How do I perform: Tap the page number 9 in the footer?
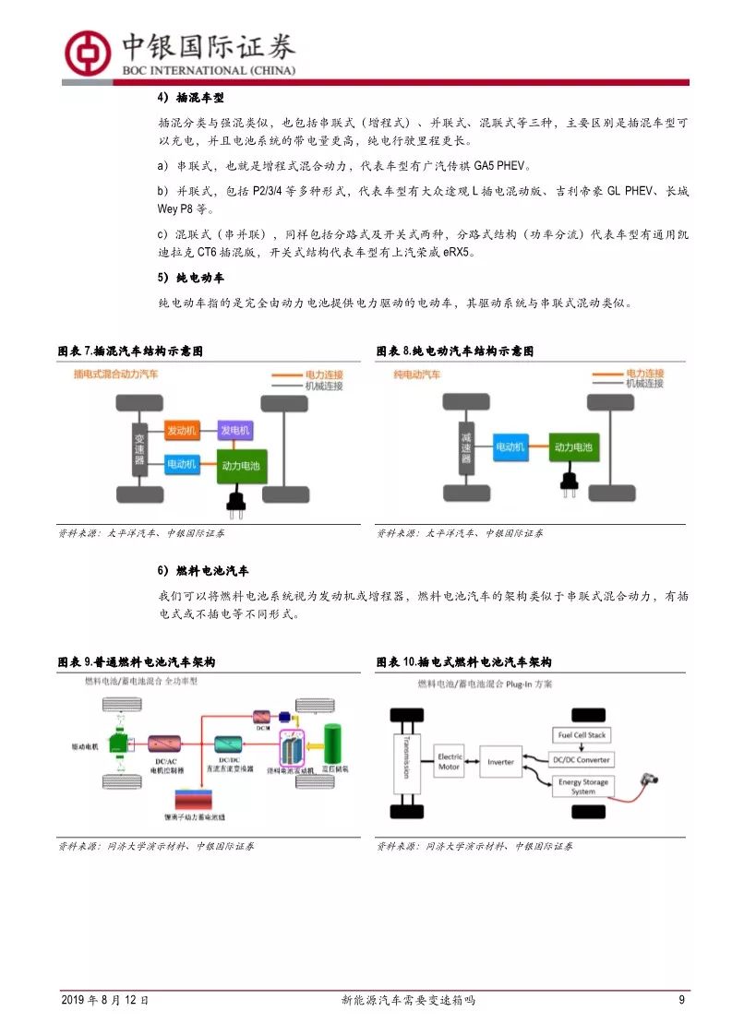point(681,1000)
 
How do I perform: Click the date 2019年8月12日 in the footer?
point(104,1000)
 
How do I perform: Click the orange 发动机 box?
point(182,431)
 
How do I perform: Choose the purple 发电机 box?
point(234,431)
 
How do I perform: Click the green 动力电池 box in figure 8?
point(572,446)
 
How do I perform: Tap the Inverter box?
point(501,762)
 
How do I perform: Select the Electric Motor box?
point(450,762)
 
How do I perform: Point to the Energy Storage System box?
point(582,787)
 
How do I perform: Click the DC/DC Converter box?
point(581,759)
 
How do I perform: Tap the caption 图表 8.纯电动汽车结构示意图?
point(455,351)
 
